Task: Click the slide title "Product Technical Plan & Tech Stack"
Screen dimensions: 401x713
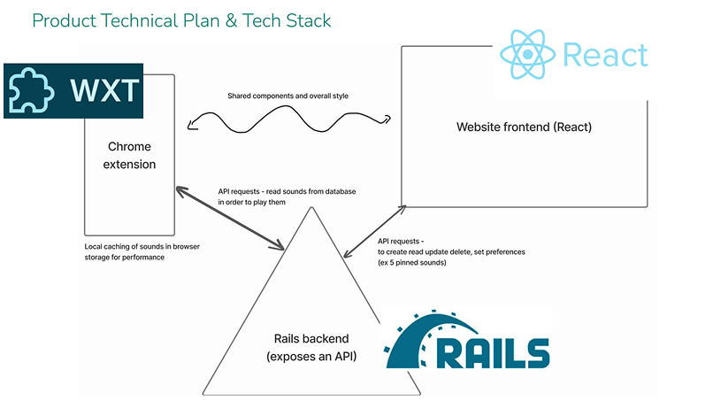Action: [181, 19]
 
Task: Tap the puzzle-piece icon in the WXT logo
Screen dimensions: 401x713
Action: [32, 91]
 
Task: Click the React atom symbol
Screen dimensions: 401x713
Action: [527, 54]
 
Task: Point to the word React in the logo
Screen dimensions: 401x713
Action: [605, 55]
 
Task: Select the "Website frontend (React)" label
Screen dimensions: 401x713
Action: [524, 127]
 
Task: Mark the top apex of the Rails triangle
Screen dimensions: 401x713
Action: [310, 208]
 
